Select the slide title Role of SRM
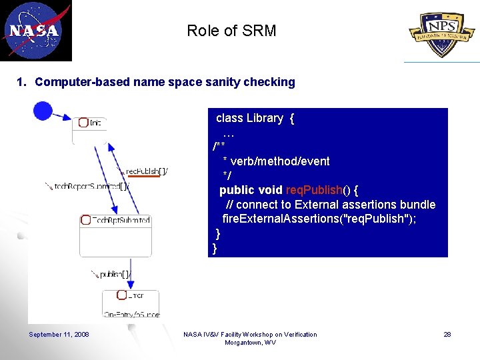point(231,31)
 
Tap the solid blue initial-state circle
point(43,111)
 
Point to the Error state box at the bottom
point(130,303)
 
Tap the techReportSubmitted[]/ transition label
point(87,187)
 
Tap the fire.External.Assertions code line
point(319,219)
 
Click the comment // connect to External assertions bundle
point(330,205)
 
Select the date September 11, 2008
point(59,335)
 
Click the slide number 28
point(447,335)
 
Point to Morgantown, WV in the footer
point(250,343)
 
